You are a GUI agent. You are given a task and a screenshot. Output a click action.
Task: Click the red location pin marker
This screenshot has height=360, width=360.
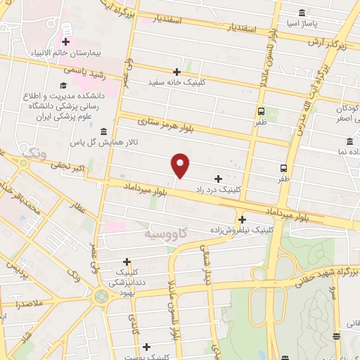coord(181,165)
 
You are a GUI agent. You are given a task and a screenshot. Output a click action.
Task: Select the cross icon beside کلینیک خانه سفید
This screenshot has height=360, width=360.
coord(177,72)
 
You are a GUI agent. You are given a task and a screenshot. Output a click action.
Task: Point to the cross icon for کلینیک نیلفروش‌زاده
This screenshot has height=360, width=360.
coord(242,219)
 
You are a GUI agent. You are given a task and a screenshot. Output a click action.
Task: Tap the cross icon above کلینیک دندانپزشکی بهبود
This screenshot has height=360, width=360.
coord(127,261)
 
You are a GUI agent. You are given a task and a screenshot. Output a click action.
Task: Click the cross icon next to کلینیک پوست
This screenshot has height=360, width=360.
coord(146,346)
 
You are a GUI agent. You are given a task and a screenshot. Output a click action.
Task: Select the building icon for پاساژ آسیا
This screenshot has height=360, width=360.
coord(302,13)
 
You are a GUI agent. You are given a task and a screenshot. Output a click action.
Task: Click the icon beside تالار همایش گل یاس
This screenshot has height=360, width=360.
coord(103,131)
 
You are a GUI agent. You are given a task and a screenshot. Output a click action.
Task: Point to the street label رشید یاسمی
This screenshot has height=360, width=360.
coord(84,71)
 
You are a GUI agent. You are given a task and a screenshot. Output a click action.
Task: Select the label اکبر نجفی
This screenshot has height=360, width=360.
coord(67,166)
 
